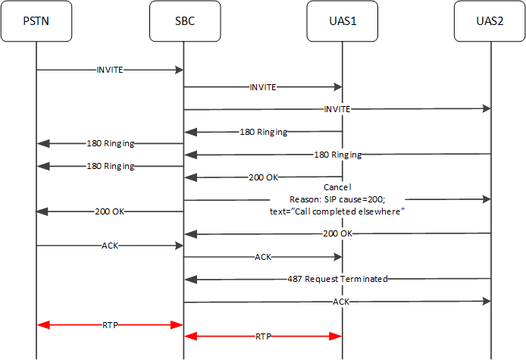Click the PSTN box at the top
coord(36,21)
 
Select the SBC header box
coord(184,21)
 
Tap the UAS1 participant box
coord(342,21)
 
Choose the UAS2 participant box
coord(490,21)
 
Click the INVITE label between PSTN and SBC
coord(110,70)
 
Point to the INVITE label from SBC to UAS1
coord(263,87)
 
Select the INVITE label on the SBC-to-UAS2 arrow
coord(337,109)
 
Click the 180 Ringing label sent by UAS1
coord(263,132)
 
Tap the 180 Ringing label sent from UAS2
coord(337,155)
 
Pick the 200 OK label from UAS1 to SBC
coord(263,177)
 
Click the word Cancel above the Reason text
coord(337,186)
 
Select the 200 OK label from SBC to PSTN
coord(110,211)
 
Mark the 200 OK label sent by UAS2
coord(337,233)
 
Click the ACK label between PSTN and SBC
coord(110,246)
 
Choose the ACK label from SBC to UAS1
coord(263,257)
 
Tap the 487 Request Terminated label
coord(337,279)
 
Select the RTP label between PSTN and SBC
coord(110,324)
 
